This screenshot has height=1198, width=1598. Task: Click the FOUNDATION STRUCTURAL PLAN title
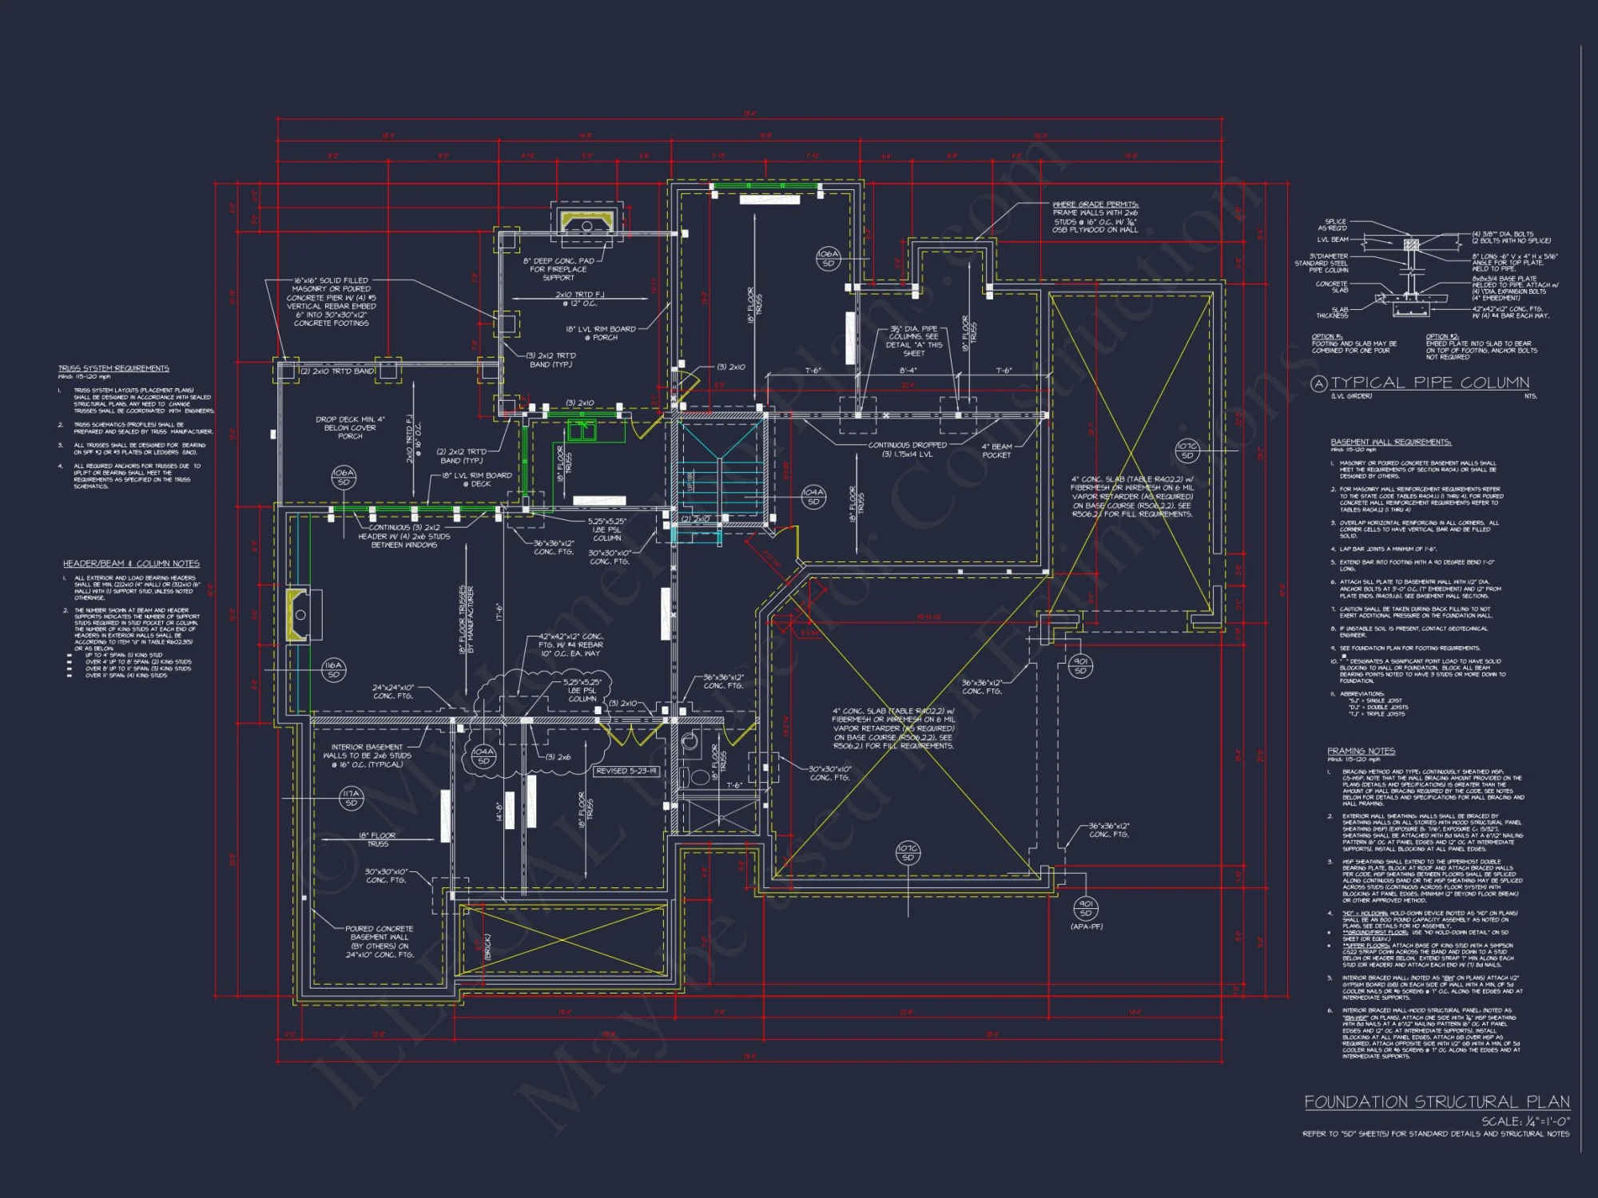tap(1437, 1102)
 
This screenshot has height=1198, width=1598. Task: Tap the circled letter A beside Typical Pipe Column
tap(1318, 384)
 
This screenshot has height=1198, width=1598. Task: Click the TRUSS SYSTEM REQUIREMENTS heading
tap(113, 368)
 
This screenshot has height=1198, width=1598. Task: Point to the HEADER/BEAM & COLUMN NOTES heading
tap(131, 563)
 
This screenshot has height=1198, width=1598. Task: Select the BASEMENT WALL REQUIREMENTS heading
tap(1390, 442)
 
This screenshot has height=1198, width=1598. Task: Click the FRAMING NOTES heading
tap(1361, 751)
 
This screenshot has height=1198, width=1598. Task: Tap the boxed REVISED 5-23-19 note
tap(626, 771)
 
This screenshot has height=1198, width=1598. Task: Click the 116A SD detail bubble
tap(333, 669)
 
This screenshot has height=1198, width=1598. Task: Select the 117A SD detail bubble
tap(351, 798)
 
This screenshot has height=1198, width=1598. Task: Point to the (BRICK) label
tap(488, 946)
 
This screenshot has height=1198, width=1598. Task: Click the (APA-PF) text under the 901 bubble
tap(1086, 926)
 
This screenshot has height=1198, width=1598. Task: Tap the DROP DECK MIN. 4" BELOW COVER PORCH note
tap(350, 427)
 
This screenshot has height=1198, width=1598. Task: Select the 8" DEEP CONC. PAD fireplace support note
tap(559, 269)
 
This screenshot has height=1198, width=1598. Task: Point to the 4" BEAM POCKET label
tap(996, 450)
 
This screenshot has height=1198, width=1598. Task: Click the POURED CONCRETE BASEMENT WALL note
tap(380, 942)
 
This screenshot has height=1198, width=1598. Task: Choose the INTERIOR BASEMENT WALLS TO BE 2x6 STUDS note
tap(368, 756)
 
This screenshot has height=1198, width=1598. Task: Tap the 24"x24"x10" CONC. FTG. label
tap(393, 692)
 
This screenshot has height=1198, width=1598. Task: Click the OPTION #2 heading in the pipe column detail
tap(1442, 336)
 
